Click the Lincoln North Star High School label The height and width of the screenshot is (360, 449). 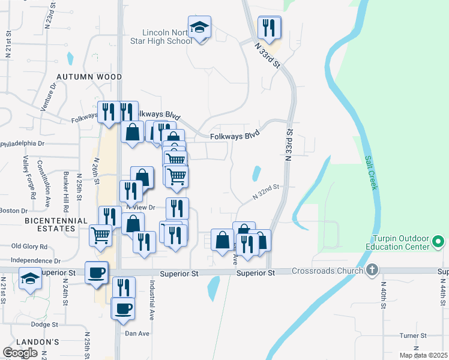point(167,37)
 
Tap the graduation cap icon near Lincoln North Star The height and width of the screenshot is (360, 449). point(199,28)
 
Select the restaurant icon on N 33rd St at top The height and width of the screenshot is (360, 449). point(268,28)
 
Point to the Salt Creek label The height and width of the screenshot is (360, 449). point(371,173)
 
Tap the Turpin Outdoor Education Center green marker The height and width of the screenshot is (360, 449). point(438,242)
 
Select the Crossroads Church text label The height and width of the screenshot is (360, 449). point(327,271)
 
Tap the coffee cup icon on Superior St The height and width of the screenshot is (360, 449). point(97,273)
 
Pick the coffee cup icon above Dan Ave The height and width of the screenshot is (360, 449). point(124,308)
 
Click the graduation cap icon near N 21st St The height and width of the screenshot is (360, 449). point(31,279)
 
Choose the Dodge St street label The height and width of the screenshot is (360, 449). point(44,325)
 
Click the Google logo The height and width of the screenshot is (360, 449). point(20,353)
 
